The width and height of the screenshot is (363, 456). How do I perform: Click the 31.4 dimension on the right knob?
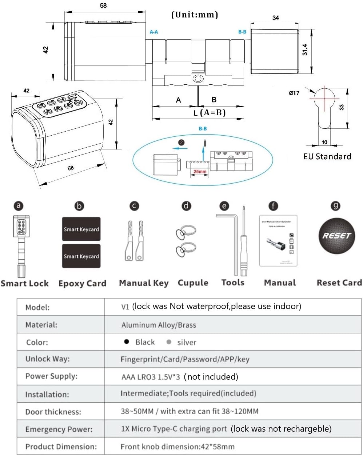pyautogui.click(x=305, y=49)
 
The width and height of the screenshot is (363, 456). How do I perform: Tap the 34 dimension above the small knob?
pyautogui.click(x=275, y=17)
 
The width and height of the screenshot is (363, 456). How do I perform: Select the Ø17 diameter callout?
pyautogui.click(x=294, y=93)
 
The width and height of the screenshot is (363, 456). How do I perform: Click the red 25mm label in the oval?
pyautogui.click(x=200, y=171)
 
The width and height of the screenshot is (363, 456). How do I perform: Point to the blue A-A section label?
pyautogui.click(x=154, y=32)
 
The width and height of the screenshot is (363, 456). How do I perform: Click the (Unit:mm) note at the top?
pyautogui.click(x=195, y=15)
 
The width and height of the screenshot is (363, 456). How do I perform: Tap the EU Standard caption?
pyautogui.click(x=327, y=156)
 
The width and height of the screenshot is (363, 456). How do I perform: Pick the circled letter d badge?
pyautogui.click(x=186, y=206)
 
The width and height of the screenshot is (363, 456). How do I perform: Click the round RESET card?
pyautogui.click(x=336, y=236)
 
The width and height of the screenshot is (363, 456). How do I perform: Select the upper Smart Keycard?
pyautogui.click(x=81, y=229)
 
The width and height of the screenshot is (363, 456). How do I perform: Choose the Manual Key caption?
pyautogui.click(x=144, y=283)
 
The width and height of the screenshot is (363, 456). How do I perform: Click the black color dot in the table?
pyautogui.click(x=127, y=341)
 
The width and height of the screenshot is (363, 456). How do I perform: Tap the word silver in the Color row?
pyautogui.click(x=187, y=342)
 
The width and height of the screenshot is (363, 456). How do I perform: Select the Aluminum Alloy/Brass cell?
pyautogui.click(x=159, y=325)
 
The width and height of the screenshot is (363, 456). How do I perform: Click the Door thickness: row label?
pyautogui.click(x=53, y=412)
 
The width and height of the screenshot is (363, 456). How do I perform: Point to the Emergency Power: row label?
pyautogui.click(x=59, y=429)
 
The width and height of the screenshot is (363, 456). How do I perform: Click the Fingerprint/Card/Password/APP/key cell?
pyautogui.click(x=185, y=359)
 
